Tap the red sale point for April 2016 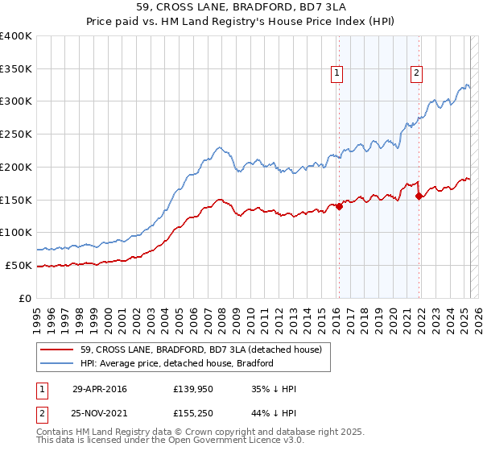tap(339, 206)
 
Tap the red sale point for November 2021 tap(419, 196)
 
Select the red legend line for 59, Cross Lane tap(57, 350)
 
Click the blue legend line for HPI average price tap(57, 363)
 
